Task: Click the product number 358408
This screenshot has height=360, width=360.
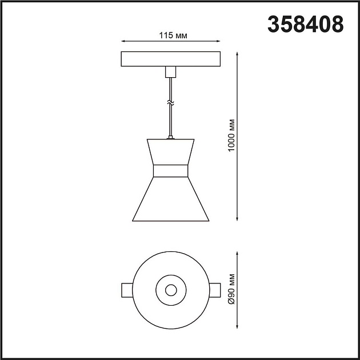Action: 306,23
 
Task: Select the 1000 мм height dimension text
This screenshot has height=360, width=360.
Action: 230,136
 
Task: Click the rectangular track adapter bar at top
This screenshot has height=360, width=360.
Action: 170,59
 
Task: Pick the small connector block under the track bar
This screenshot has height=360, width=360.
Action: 170,72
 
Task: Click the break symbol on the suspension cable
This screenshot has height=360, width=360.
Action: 170,102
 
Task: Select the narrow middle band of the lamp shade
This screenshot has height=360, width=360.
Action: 170,171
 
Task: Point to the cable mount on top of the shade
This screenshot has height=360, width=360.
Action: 170,137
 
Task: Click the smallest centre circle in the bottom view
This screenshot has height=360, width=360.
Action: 170,290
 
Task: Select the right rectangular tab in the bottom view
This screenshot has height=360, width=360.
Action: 215,290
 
